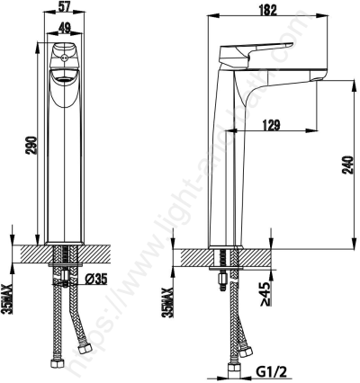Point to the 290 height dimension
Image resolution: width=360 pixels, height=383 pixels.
[29, 143]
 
